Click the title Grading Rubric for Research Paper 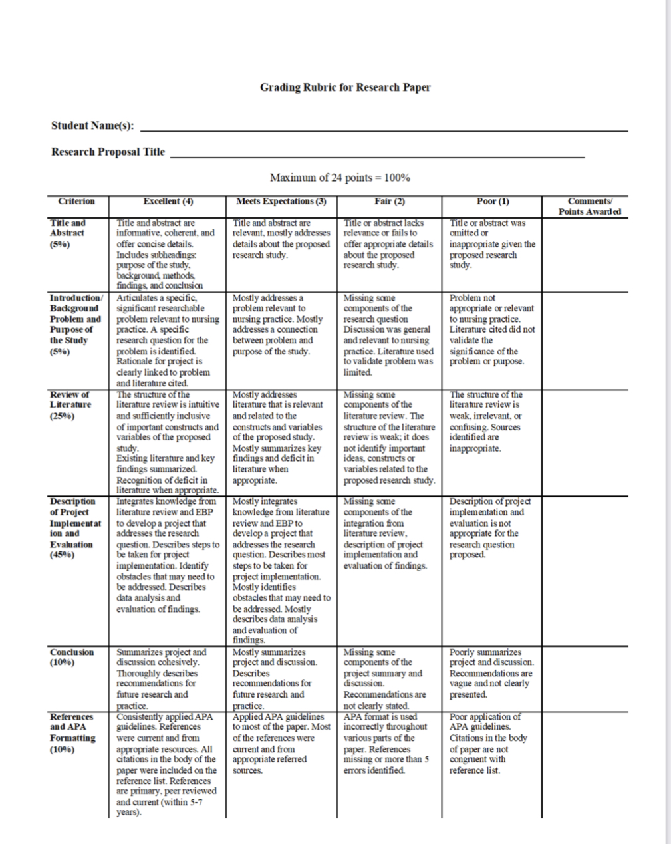pos(345,87)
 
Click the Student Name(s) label pos(92,126)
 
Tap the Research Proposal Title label pos(108,152)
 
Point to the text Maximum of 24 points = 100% pos(340,178)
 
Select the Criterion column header pos(76,202)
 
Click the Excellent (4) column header pos(168,202)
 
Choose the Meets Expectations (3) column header pos(281,202)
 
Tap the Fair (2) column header pos(390,202)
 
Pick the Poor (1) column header pos(492,202)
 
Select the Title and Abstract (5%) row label pos(68,233)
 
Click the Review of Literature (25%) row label pos(70,405)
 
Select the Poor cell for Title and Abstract pos(492,244)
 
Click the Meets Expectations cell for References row pos(281,744)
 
